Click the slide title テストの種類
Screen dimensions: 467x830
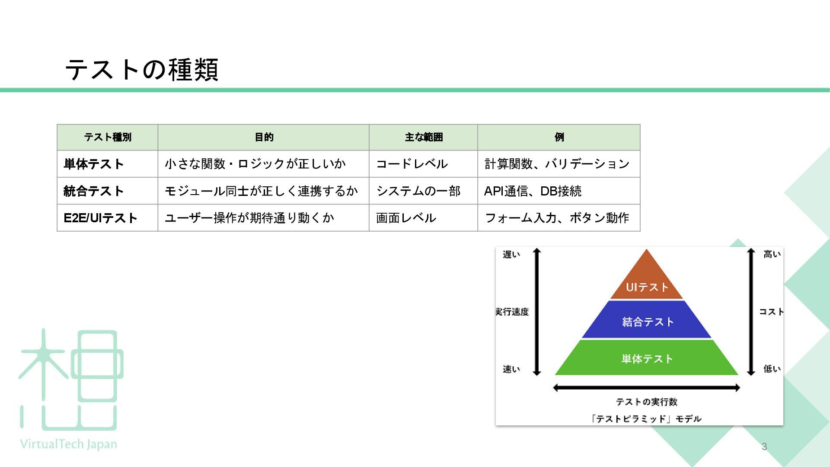coord(142,70)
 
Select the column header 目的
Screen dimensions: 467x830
coord(264,138)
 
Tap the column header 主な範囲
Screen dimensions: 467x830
coord(424,138)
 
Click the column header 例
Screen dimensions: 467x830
coord(559,138)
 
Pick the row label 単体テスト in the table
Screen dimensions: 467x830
coord(94,164)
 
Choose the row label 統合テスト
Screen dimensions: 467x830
coord(94,191)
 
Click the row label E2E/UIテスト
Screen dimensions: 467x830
coord(100,218)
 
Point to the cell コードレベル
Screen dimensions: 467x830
coord(412,164)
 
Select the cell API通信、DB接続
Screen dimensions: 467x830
coord(533,191)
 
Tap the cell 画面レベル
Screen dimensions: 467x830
coord(406,218)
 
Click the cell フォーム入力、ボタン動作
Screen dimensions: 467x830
coord(557,218)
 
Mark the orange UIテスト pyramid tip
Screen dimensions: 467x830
coord(647,281)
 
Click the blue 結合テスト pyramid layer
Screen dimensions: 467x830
coord(647,321)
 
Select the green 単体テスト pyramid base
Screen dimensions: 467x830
coord(647,358)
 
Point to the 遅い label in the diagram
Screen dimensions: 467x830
coord(511,254)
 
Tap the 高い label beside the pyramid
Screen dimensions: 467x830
coord(772,254)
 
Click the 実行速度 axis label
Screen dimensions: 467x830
coord(512,312)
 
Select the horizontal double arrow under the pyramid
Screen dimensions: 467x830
coord(647,388)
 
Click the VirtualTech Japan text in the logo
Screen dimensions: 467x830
coord(68,444)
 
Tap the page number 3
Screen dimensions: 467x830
coord(764,447)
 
